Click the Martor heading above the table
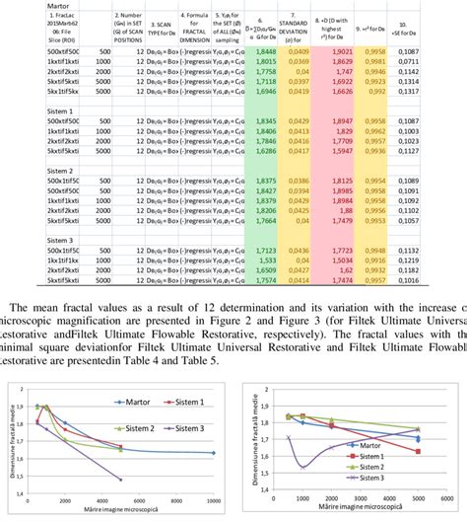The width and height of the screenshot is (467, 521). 19,7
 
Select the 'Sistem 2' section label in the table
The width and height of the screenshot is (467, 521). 21,170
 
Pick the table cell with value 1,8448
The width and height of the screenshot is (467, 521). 266,49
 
